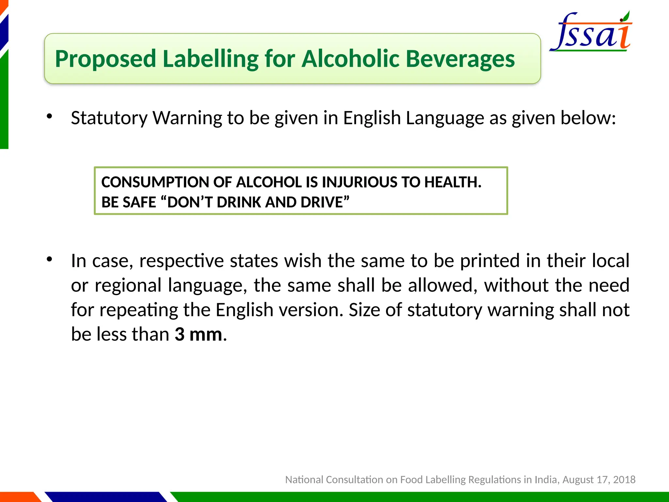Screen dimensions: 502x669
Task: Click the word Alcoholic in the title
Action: click(x=350, y=59)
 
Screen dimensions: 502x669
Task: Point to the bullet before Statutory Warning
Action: click(x=49, y=116)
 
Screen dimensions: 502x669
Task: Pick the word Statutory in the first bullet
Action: click(x=109, y=118)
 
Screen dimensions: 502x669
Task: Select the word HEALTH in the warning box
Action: click(x=451, y=182)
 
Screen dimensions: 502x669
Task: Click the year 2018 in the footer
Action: click(x=624, y=479)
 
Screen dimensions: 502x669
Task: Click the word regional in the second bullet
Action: click(x=128, y=285)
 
